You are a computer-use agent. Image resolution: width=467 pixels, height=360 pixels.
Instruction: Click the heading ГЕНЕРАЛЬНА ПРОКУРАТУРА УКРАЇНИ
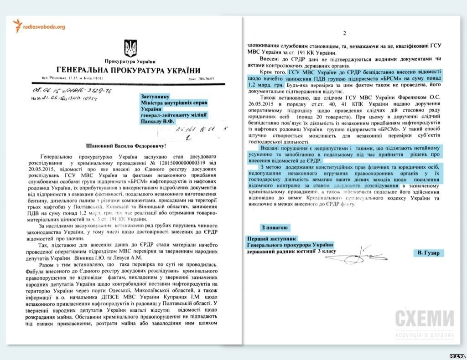129,70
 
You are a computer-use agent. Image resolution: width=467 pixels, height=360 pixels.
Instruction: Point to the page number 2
344,33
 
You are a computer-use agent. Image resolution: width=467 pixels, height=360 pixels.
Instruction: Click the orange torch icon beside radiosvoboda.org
18,26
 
